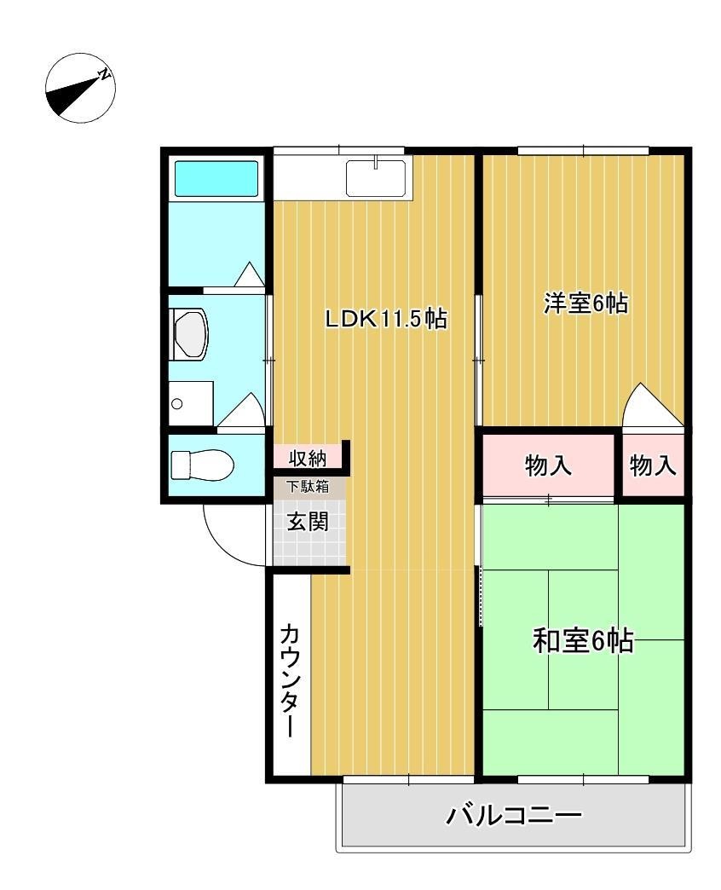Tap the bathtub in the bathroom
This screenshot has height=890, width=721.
[216, 179]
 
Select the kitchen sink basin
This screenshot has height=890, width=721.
[375, 177]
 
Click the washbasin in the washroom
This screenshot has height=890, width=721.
[189, 333]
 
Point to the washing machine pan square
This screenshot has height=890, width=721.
[190, 403]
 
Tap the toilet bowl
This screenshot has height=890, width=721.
[201, 466]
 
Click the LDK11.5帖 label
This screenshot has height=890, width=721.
[386, 320]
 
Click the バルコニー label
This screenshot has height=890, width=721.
[514, 817]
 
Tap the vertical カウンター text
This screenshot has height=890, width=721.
[290, 679]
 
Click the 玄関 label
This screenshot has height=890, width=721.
[307, 522]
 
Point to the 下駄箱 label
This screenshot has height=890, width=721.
[307, 488]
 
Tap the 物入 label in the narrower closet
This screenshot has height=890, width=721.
[654, 466]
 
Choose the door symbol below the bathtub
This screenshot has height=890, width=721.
[249, 275]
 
